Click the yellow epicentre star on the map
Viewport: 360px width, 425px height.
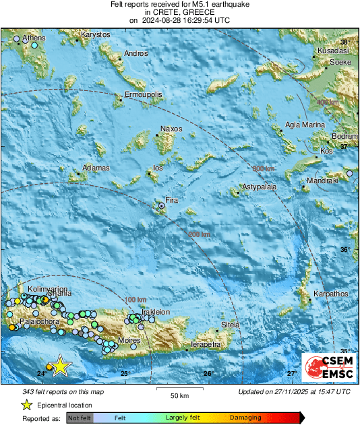61,365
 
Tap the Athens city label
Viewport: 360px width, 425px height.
34,38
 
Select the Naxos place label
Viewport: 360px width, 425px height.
171,129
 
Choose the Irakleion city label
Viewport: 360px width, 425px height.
156,312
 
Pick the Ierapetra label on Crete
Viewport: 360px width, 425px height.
206,344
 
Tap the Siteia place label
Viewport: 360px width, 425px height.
231,324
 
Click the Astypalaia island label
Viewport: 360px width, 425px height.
260,187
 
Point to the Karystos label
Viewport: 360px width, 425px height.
95,34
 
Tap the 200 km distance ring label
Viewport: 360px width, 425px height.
200,234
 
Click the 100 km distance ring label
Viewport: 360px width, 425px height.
136,299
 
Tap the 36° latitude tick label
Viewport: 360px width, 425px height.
344,250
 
